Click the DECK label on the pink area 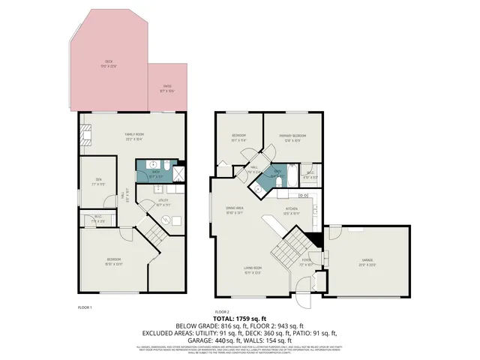[x=109, y=63]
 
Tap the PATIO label [x=167, y=88]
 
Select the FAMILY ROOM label [x=134, y=137]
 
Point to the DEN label [x=96, y=183]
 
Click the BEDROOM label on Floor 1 [x=112, y=262]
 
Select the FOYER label [x=306, y=262]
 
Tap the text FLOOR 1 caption [x=85, y=307]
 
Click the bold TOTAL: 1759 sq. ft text [x=239, y=319]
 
